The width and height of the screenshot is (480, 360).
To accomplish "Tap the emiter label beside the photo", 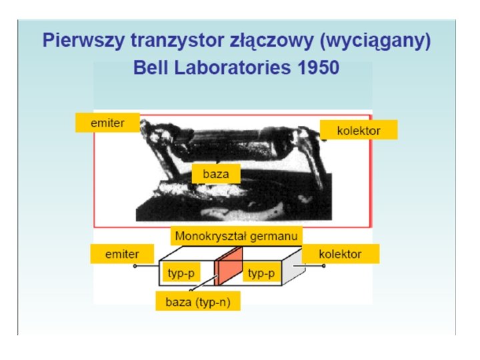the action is coord(107,122).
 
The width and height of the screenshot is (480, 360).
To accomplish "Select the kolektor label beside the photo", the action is coord(359,130).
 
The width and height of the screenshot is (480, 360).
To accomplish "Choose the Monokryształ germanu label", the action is coord(237,235).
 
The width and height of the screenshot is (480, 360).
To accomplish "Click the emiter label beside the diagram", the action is coord(122,253).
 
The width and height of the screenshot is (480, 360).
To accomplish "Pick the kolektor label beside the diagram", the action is coord(340,253).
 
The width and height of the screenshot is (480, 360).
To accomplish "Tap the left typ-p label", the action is coord(181,273).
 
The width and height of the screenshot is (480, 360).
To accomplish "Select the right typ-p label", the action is coord(261,273).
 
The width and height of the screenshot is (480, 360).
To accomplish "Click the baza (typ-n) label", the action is coord(197,301).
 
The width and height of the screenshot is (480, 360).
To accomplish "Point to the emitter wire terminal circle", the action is coord(135,266).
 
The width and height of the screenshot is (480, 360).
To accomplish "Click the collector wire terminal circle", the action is coord(324,266).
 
